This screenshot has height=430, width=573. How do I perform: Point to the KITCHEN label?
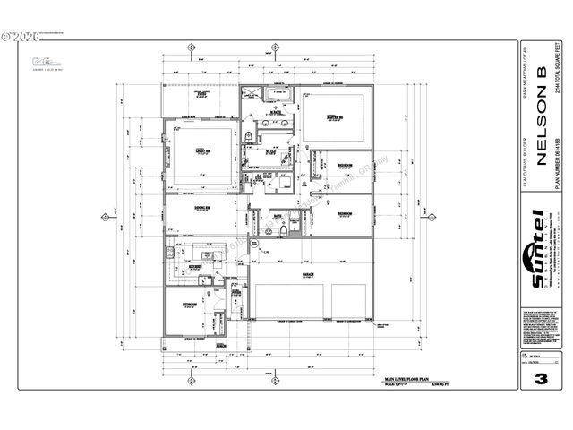point(196,266)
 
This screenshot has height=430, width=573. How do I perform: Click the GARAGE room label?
point(310,275)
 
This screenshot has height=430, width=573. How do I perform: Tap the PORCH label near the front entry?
point(220,345)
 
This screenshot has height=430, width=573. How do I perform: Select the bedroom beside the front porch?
point(191,304)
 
